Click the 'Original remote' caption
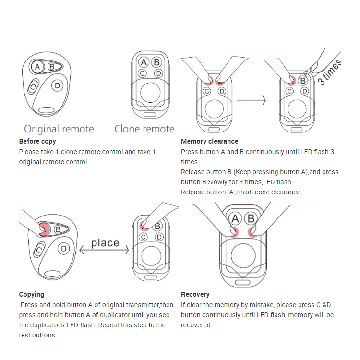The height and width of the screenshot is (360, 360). (x=59, y=129)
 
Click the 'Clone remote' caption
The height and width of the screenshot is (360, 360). (x=144, y=129)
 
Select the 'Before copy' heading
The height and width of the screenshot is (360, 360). (x=37, y=141)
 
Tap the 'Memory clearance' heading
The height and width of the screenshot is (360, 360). (x=209, y=141)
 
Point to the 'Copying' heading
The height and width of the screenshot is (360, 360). (x=32, y=294)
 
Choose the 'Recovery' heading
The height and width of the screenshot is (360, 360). (x=195, y=294)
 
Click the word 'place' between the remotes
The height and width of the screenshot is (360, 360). (x=105, y=243)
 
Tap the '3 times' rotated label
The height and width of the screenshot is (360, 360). (x=330, y=72)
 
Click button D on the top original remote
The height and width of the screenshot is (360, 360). (x=58, y=85)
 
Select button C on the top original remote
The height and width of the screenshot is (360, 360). (x=33, y=87)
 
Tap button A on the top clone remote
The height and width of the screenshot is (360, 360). (x=144, y=62)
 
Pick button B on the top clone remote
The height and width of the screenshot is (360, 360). (x=156, y=62)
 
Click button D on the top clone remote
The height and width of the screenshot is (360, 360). (x=157, y=73)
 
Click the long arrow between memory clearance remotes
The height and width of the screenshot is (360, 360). (x=251, y=100)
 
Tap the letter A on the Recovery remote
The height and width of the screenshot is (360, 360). (x=235, y=219)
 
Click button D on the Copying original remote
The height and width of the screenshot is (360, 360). (x=63, y=249)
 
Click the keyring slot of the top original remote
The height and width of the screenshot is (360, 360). (x=47, y=110)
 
